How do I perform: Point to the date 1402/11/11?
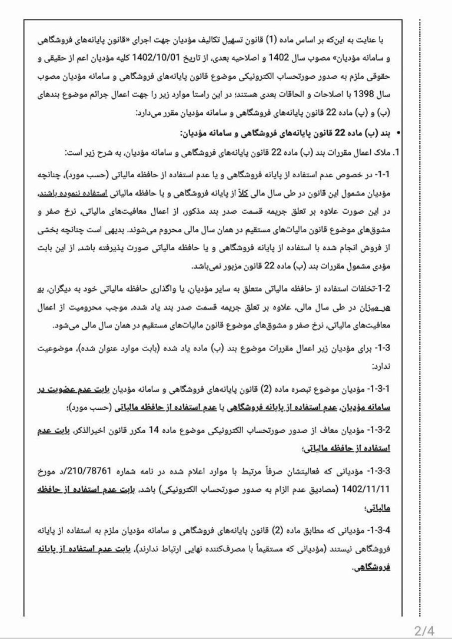(x=374, y=488)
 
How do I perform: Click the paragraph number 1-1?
(x=384, y=177)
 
